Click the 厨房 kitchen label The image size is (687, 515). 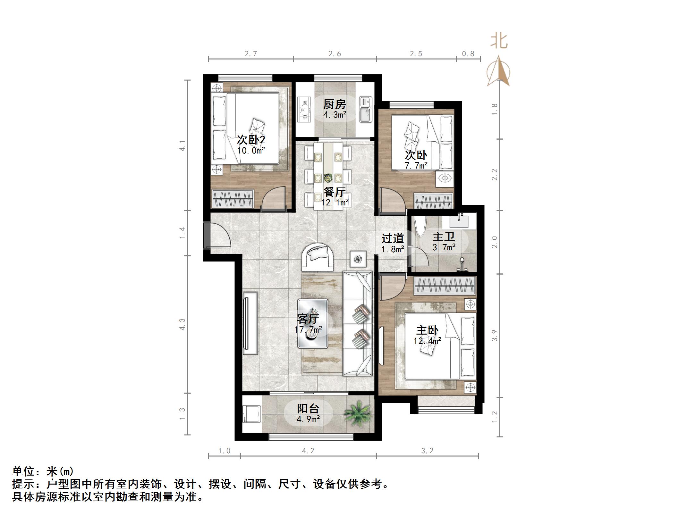point(335,104)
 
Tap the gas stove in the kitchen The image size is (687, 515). point(304,110)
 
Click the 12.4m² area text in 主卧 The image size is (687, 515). point(427,341)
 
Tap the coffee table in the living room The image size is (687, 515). point(313,324)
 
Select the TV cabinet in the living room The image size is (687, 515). point(250,323)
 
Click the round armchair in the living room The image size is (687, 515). point(318,257)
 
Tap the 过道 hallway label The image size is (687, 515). point(393,238)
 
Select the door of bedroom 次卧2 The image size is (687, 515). point(274,199)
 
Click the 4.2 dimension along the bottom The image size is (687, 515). point(308,451)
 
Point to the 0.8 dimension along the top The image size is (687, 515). point(468,54)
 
